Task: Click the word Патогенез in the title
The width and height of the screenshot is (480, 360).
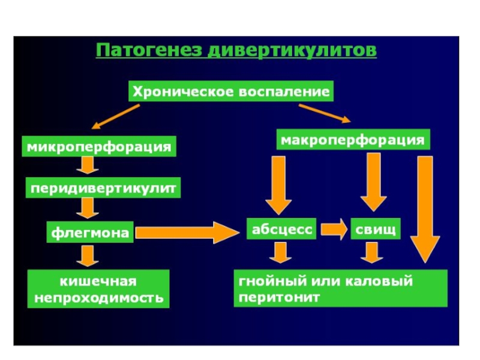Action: (x=149, y=50)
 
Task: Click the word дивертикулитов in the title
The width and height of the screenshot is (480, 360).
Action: (x=292, y=50)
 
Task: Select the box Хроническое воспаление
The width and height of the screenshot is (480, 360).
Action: (x=231, y=91)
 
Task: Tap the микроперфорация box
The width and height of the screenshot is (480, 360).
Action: (x=99, y=146)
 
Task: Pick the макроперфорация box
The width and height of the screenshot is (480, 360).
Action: (x=353, y=140)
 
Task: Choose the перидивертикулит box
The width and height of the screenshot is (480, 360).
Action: (x=103, y=188)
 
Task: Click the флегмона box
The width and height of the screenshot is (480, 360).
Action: (x=90, y=232)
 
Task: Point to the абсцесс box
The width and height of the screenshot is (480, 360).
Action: (x=281, y=229)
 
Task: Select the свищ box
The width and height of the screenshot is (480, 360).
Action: (x=376, y=229)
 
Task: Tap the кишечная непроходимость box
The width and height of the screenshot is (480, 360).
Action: (x=98, y=289)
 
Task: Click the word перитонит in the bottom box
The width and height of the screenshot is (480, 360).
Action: (x=279, y=297)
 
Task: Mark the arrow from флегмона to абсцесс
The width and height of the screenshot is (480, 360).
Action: (x=187, y=233)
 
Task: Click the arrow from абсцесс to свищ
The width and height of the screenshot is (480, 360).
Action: (x=334, y=229)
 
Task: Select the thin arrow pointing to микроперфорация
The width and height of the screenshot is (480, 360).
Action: (x=116, y=116)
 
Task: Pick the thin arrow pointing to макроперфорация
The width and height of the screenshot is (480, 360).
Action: (x=325, y=113)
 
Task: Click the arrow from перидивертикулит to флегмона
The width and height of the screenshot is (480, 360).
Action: (x=88, y=208)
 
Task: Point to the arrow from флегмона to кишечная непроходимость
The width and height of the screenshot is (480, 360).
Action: (x=88, y=256)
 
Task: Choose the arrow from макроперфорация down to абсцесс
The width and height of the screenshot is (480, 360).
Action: (x=278, y=185)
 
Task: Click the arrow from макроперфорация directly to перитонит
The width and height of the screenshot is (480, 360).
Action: (x=425, y=209)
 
